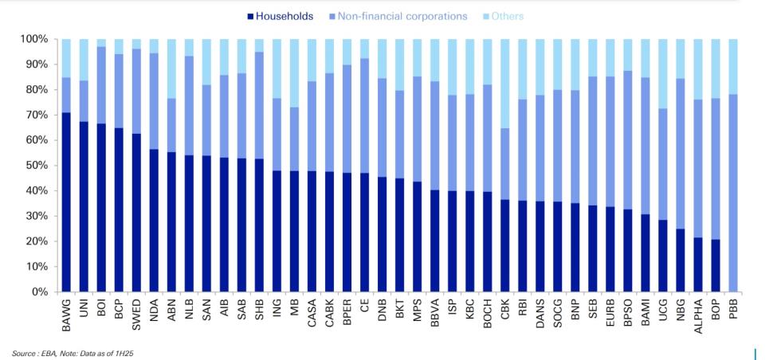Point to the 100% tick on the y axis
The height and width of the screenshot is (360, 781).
click(x=34, y=39)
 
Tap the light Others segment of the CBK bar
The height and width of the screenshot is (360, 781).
click(x=505, y=84)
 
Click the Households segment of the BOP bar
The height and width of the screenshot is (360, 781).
click(x=716, y=266)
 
